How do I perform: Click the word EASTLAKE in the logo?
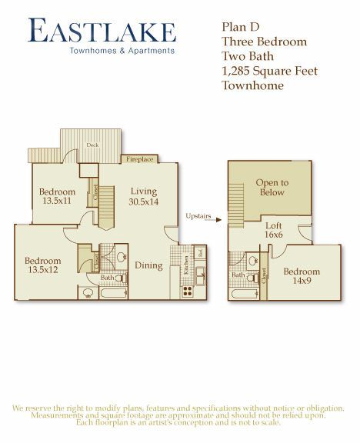point(102,32)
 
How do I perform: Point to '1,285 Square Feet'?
point(269,71)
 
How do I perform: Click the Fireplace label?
point(140,159)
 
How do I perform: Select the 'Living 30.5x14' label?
point(143,197)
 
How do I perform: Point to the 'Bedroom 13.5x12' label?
point(43,265)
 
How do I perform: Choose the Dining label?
point(148,266)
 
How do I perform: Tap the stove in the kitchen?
point(186,291)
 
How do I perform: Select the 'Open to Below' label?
point(272,188)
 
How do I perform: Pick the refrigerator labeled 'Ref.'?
point(199,252)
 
